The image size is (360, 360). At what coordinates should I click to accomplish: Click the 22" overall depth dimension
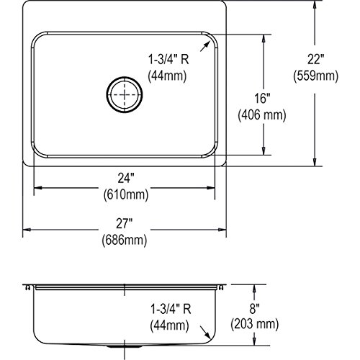tap(315, 59)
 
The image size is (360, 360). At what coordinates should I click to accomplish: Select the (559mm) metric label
tap(315, 76)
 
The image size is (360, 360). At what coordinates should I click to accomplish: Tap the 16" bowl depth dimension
tap(262, 99)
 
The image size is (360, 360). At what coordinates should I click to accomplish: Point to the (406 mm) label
tap(262, 115)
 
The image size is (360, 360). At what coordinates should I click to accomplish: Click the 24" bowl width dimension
tap(126, 179)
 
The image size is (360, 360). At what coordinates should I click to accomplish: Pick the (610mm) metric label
tap(126, 194)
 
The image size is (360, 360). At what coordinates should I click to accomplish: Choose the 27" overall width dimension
tap(125, 224)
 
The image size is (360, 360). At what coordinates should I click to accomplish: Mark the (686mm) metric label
tap(125, 240)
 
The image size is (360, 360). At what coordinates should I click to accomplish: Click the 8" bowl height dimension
tap(254, 309)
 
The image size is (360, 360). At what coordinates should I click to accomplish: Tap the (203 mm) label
tap(255, 325)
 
